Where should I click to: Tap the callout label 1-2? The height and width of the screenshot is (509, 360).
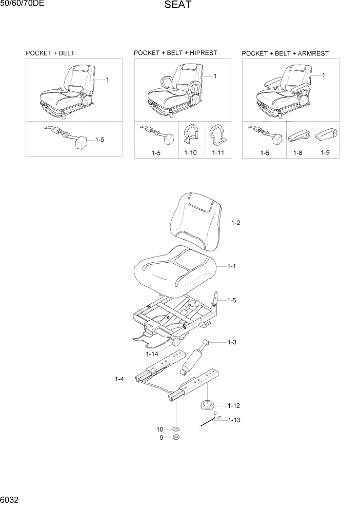235,223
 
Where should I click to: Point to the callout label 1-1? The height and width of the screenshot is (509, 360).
231,266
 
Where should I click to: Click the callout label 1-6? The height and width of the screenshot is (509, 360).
231,300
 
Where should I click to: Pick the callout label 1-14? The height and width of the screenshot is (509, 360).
152,354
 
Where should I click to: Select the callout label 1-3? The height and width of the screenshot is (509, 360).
231,342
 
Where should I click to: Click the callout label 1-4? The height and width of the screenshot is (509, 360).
119,379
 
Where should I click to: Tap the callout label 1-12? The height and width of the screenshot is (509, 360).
234,405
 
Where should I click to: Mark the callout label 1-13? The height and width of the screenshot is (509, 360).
234,420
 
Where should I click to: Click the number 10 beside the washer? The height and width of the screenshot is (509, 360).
160,428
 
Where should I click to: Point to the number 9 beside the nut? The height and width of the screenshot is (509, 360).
161,438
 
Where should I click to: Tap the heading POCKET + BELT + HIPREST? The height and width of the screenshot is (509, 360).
175,53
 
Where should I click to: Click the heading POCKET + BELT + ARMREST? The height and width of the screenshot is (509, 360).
285,53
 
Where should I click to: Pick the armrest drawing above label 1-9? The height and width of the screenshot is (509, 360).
325,135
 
